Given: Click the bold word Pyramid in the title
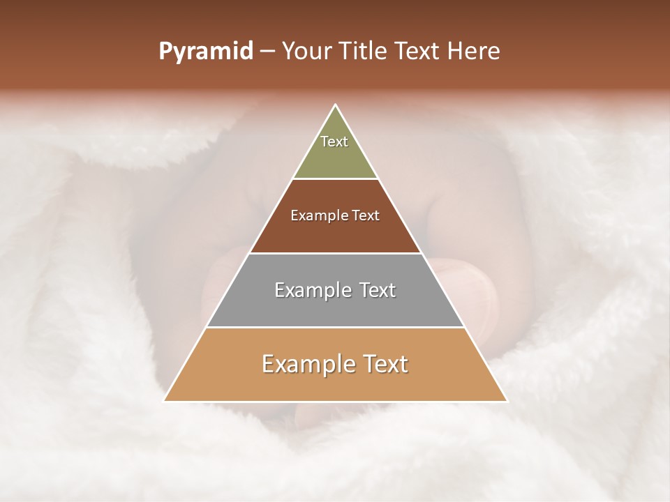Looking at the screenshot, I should (205, 52).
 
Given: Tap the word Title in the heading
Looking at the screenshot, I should (365, 52).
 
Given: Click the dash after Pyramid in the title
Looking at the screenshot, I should (267, 52).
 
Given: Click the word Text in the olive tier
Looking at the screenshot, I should (334, 142).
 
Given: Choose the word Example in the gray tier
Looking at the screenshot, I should (312, 290).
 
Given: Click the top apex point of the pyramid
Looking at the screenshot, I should (336, 105).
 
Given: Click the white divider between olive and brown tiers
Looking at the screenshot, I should (336, 179).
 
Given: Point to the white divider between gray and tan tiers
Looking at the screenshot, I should (336, 327).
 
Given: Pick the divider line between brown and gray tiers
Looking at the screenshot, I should (336, 253).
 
